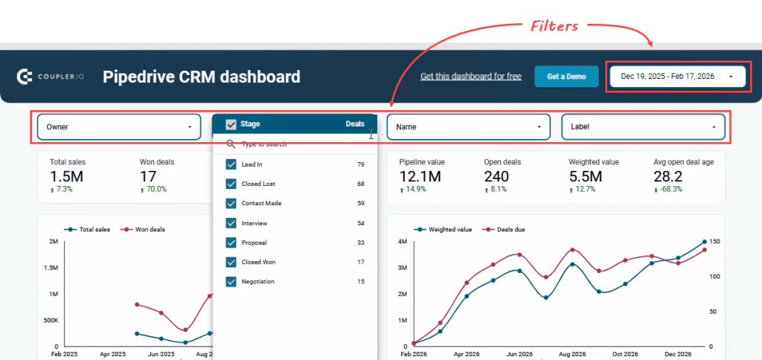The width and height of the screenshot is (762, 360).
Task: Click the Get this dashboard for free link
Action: coord(470,76)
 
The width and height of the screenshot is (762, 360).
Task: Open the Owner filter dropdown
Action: coord(119,127)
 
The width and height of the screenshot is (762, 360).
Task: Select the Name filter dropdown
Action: coord(468,127)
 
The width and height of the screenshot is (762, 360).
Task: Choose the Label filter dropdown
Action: coord(643,127)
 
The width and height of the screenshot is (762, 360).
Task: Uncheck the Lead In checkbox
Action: coord(231,164)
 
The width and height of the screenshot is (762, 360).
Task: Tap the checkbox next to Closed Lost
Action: coord(231,184)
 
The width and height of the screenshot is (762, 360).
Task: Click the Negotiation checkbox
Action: coord(231,282)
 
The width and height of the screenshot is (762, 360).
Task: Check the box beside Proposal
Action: coord(231,242)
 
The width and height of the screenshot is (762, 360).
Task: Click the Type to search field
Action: coord(298,144)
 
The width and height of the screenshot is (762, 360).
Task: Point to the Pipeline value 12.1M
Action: coord(420,176)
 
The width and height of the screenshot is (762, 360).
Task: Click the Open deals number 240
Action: coord(496,176)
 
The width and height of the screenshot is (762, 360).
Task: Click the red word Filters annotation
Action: coord(554,26)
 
